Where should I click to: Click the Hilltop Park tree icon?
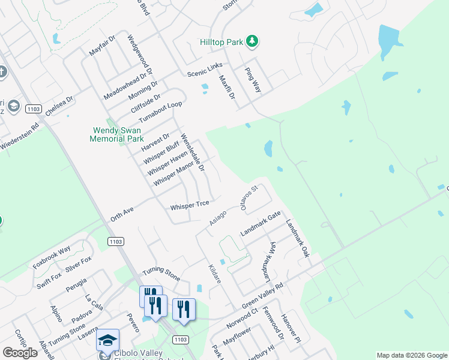[x=253, y=41]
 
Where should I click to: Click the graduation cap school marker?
[x=108, y=340]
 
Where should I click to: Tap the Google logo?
[x=20, y=353]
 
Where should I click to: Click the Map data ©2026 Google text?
[x=412, y=355]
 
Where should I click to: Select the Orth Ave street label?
[x=121, y=214]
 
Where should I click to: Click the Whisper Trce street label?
[x=190, y=206]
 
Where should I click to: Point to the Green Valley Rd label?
[x=262, y=298]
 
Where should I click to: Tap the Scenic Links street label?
[x=205, y=69]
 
